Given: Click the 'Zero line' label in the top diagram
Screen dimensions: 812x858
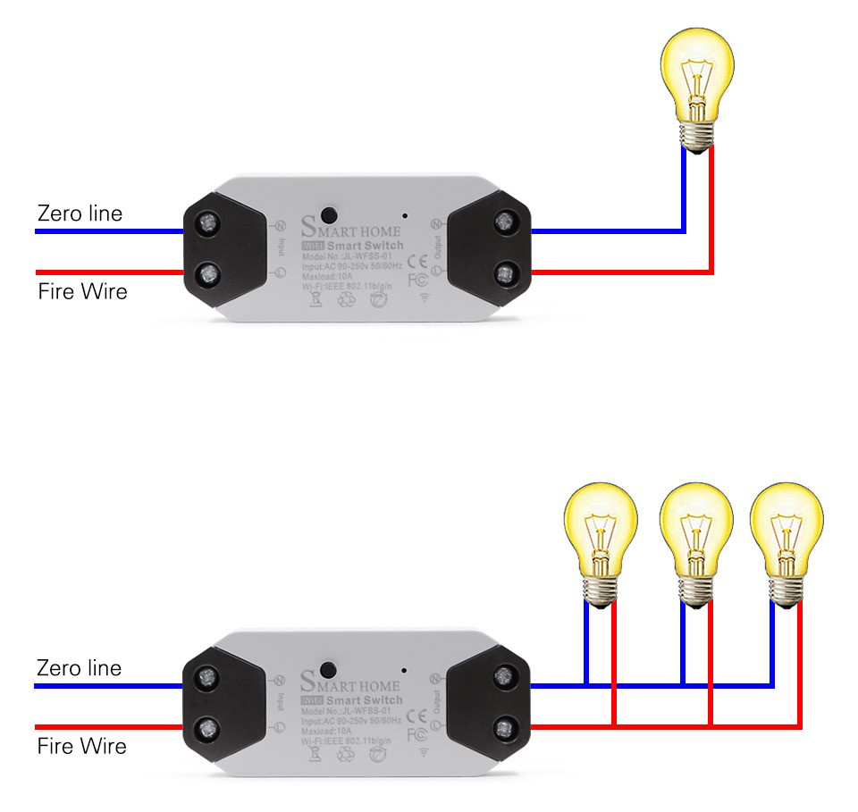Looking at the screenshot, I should pyautogui.click(x=80, y=214).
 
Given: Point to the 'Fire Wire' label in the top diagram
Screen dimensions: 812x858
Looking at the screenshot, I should pyautogui.click(x=82, y=291).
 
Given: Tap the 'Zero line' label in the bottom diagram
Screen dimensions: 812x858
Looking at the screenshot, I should pyautogui.click(x=79, y=668).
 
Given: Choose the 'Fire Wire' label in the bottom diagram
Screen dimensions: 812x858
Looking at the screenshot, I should pyautogui.click(x=81, y=746).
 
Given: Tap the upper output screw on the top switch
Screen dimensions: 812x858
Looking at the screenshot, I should pyautogui.click(x=506, y=221).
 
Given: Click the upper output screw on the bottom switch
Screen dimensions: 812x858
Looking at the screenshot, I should pyautogui.click(x=505, y=675).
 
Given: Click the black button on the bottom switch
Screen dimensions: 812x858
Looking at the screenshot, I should pyautogui.click(x=328, y=669).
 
